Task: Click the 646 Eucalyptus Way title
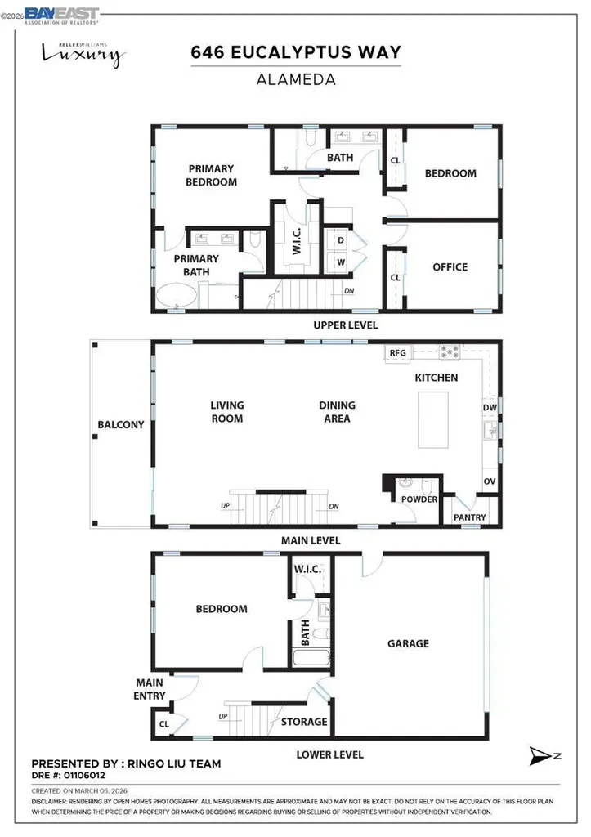(296, 53)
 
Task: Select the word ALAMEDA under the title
(296, 80)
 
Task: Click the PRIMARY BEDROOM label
(211, 175)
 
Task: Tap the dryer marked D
(340, 241)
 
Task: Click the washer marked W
(340, 262)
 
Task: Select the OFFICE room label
(450, 266)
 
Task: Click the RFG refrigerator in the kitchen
(398, 353)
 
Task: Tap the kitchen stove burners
(450, 353)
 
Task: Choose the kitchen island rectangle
(433, 418)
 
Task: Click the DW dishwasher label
(490, 407)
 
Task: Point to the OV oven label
(490, 482)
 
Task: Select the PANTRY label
(470, 517)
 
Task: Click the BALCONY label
(121, 425)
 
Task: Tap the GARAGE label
(408, 643)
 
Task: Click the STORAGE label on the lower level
(304, 722)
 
